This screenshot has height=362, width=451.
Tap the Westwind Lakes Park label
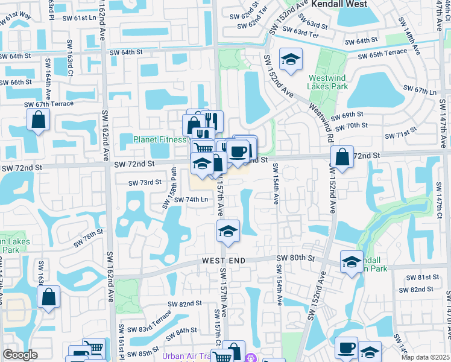pyautogui.click(x=329, y=82)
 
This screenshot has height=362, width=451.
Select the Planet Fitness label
pyautogui.click(x=160, y=139)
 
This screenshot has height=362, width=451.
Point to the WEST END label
pyautogui.click(x=224, y=260)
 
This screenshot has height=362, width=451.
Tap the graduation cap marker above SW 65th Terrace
pyautogui.click(x=291, y=59)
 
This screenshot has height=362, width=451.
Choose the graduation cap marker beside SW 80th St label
pyautogui.click(x=352, y=262)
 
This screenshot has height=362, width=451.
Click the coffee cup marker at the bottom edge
pyautogui.click(x=346, y=348)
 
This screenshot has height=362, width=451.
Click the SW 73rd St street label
pyautogui.click(x=145, y=182)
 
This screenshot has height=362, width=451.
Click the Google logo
pyautogui.click(x=20, y=355)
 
